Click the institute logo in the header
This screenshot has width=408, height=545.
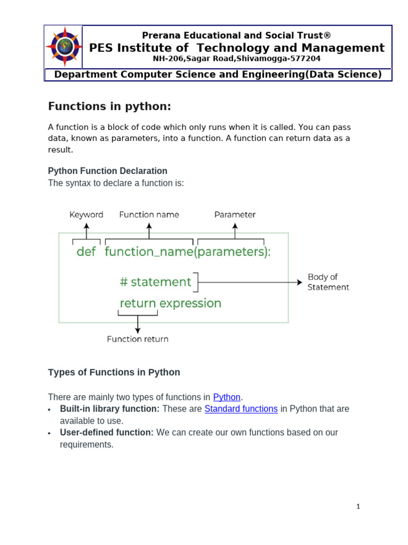pyautogui.click(x=64, y=46)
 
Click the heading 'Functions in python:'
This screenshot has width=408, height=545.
pyautogui.click(x=109, y=106)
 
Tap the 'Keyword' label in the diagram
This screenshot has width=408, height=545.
pyautogui.click(x=86, y=215)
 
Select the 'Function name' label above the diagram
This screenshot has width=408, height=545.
pyautogui.click(x=149, y=215)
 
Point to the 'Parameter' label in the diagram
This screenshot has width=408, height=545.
pyautogui.click(x=235, y=215)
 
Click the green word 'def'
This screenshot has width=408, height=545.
pyautogui.click(x=86, y=252)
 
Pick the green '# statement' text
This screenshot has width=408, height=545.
pyautogui.click(x=155, y=282)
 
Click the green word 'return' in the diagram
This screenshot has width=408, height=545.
pyautogui.click(x=138, y=303)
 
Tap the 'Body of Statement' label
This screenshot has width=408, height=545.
pyautogui.click(x=328, y=282)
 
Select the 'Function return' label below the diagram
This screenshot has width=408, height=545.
pyautogui.click(x=138, y=339)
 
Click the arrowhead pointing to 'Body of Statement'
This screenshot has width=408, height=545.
pyautogui.click(x=300, y=282)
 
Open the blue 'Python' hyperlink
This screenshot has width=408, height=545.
pyautogui.click(x=227, y=397)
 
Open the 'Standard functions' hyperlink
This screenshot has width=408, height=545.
pyautogui.click(x=241, y=409)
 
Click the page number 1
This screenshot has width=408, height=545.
pyautogui.click(x=358, y=507)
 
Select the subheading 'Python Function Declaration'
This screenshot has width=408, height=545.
pyautogui.click(x=107, y=171)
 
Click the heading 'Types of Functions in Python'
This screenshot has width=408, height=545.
pyautogui.click(x=114, y=373)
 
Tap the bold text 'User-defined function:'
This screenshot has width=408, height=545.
pyautogui.click(x=107, y=432)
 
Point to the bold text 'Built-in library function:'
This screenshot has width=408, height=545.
pyautogui.click(x=109, y=409)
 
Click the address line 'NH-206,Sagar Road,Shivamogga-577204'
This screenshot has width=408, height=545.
pyautogui.click(x=236, y=59)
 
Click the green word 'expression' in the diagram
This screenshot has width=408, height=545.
pyautogui.click(x=190, y=303)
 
